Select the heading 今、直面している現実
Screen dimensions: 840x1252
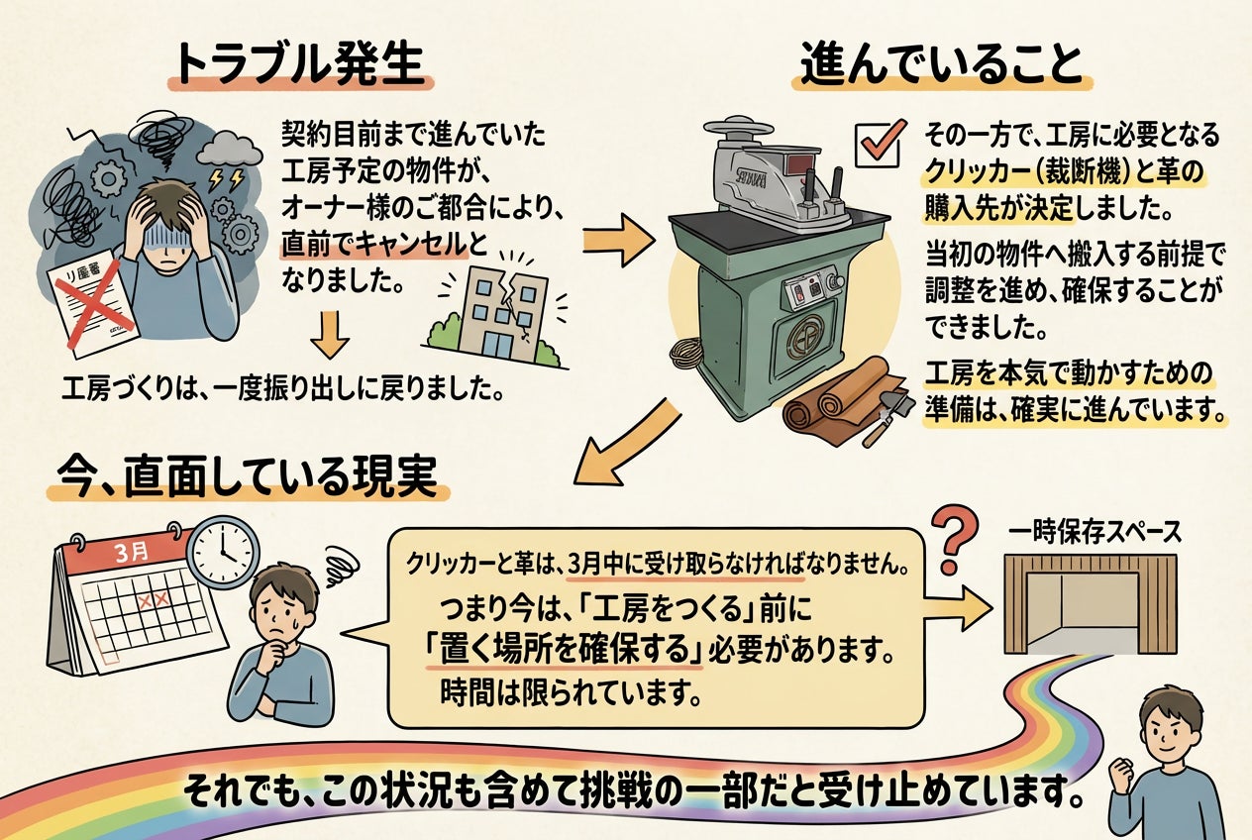point(246,478)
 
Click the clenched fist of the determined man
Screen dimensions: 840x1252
point(1121,772)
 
